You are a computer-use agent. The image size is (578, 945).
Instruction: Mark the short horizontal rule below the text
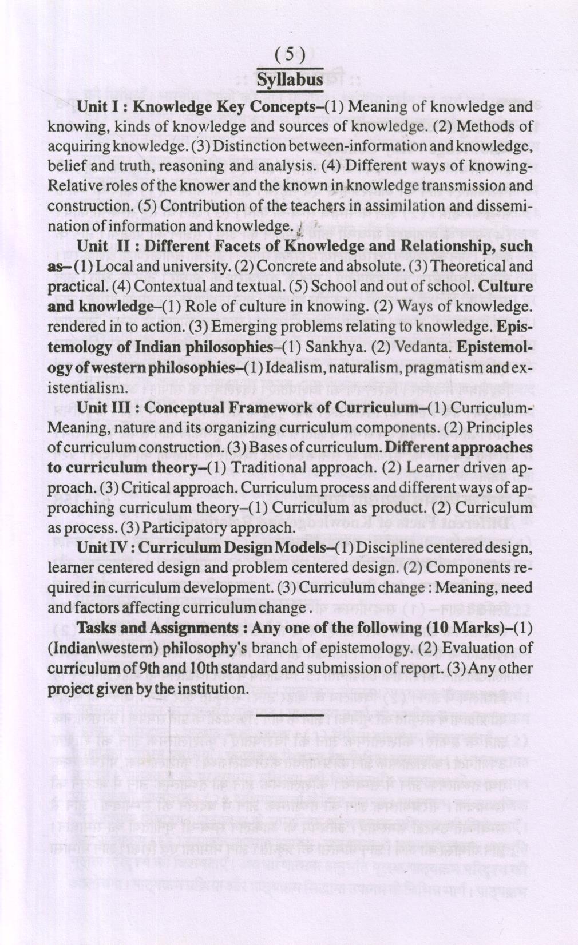coord(290,716)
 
